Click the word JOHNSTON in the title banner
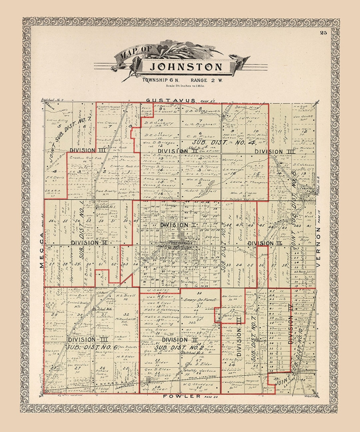tap(186, 67)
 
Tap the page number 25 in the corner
tap(323, 32)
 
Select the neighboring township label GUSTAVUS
tap(171, 100)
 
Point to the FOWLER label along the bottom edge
tap(182, 396)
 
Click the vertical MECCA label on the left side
tap(41, 250)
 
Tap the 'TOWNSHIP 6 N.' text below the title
tap(161, 80)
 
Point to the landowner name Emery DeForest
tap(198, 300)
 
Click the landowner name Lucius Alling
tap(57, 120)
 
